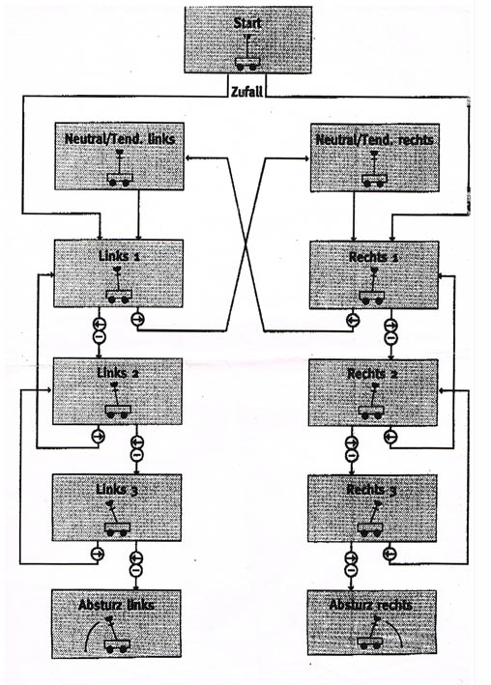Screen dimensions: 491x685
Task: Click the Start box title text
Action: tap(247, 23)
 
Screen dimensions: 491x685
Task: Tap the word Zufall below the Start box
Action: tap(247, 92)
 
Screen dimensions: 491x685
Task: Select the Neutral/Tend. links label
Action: tap(120, 139)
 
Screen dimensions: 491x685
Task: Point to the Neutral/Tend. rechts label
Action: tap(374, 140)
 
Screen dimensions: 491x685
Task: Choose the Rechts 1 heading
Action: tap(373, 257)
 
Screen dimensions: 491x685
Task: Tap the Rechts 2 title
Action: tap(372, 375)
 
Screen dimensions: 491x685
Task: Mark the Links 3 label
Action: tap(117, 490)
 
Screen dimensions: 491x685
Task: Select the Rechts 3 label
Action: tap(371, 490)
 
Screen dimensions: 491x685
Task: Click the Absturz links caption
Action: tap(116, 605)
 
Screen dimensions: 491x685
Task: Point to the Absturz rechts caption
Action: tap(371, 605)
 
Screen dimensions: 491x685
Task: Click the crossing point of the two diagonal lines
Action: tap(245, 245)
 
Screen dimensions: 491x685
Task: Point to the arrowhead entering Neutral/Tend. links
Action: tap(188, 157)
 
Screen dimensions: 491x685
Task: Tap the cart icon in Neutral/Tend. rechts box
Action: tap(374, 170)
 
